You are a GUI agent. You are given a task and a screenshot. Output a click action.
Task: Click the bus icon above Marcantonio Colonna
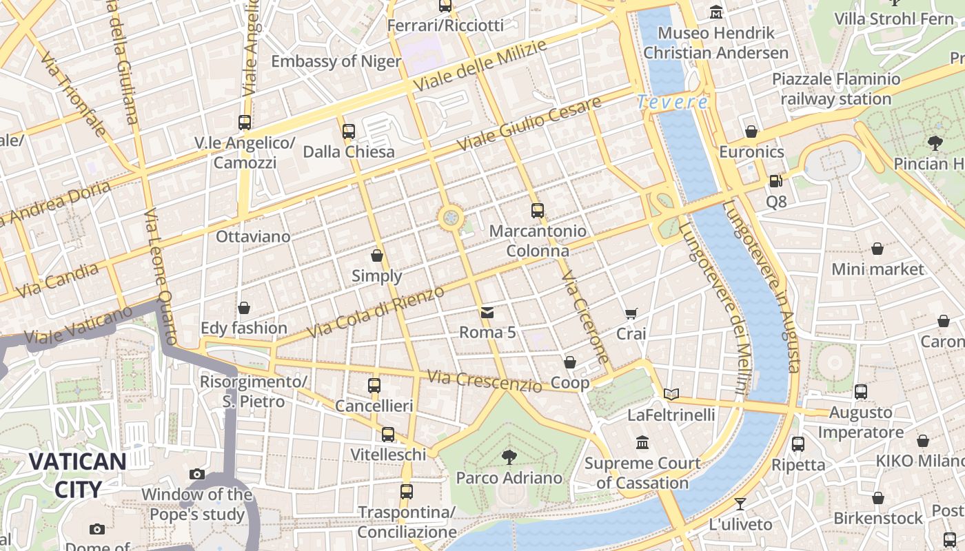[538, 211]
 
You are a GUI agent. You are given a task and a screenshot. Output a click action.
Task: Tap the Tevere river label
[672, 103]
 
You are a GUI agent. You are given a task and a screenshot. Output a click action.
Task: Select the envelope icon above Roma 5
[487, 313]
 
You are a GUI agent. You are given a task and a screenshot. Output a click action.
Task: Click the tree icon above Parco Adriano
[509, 456]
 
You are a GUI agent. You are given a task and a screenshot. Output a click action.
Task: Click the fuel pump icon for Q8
[776, 181]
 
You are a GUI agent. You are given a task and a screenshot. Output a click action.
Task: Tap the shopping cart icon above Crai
[631, 314]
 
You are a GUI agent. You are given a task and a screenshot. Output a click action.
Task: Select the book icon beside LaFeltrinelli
[671, 395]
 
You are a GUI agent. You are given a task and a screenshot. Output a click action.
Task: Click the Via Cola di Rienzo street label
[376, 312]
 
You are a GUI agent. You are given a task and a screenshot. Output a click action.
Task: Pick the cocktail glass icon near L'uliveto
[740, 503]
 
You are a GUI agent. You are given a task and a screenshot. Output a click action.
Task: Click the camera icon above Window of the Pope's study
[197, 474]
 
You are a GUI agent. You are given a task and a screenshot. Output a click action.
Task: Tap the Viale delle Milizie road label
[480, 66]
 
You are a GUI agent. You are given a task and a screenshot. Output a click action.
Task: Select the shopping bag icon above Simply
[377, 256]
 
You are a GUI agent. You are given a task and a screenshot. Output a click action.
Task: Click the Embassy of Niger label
[336, 61]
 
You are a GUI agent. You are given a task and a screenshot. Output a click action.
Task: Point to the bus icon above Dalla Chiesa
[349, 131]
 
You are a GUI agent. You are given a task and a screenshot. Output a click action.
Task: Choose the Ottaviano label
[253, 236]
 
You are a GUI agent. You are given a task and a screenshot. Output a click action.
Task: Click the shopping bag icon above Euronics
[751, 132]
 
